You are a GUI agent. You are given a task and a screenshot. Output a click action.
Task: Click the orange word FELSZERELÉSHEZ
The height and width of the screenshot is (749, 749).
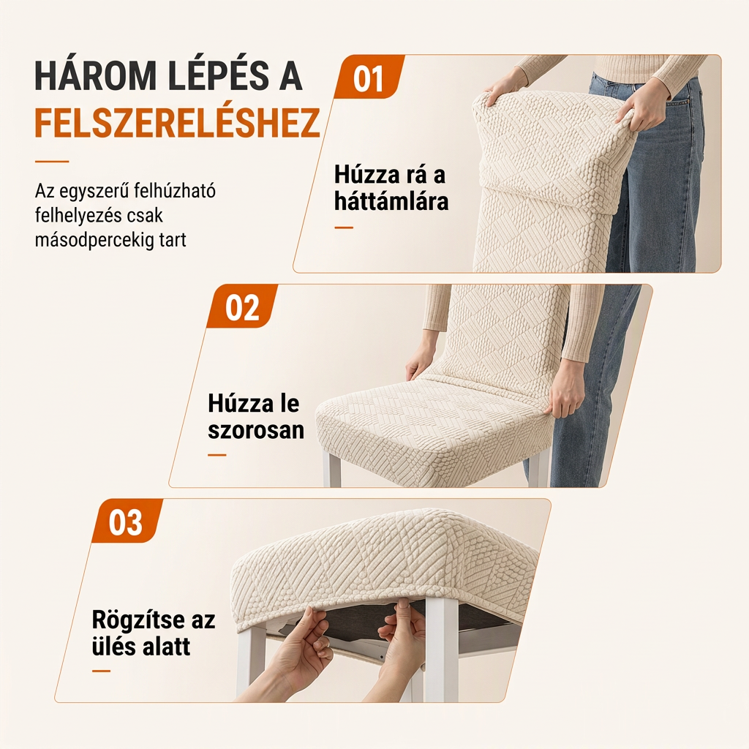(x=177, y=123)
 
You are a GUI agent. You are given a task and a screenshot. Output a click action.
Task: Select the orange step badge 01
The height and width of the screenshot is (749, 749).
(x=369, y=77)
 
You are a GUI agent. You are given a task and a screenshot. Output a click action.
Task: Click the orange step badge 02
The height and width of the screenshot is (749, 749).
(x=242, y=306)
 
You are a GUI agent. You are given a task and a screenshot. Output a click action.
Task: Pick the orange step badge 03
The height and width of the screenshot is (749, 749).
(x=127, y=521)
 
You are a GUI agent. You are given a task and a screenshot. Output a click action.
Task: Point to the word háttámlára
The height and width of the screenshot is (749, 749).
(x=391, y=200)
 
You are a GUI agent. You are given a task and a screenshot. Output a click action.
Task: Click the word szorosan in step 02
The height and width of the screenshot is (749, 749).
(x=256, y=430)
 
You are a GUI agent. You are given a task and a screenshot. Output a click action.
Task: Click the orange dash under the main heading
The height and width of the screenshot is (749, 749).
(x=52, y=162)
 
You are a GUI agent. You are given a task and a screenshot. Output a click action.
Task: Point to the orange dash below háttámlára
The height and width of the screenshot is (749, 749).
(x=344, y=228)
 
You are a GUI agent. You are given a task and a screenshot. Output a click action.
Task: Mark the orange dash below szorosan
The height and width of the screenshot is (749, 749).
(x=217, y=455)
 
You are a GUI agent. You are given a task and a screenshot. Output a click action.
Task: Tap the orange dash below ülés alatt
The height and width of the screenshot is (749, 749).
(x=101, y=671)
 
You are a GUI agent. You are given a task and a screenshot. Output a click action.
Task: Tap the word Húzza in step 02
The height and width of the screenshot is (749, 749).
(x=233, y=404)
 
